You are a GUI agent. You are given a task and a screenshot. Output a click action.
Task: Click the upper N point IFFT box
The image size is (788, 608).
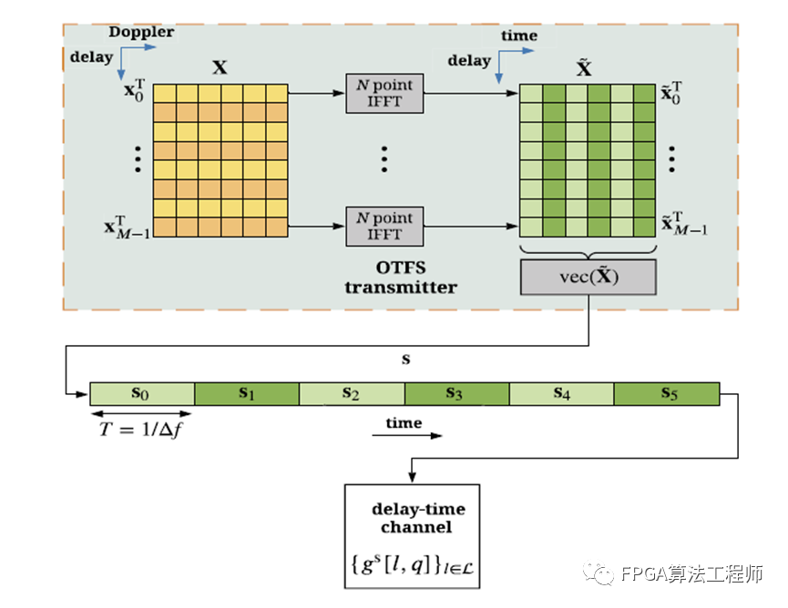point(384,94)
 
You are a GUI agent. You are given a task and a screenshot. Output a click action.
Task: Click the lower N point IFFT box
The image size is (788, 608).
point(384,226)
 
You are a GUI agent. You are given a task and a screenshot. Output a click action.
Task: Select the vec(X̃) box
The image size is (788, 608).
point(588,277)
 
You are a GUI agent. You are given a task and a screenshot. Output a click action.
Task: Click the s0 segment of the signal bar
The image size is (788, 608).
point(142,393)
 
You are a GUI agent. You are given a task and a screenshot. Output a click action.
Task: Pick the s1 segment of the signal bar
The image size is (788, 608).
point(247,393)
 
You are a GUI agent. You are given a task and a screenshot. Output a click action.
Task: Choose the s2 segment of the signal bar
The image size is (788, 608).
point(352,393)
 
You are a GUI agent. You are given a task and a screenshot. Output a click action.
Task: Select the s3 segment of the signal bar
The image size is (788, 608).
point(456,393)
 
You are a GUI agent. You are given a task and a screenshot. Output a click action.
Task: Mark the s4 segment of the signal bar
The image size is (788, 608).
point(561,393)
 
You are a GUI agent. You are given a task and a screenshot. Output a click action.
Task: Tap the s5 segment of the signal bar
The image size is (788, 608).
point(666,393)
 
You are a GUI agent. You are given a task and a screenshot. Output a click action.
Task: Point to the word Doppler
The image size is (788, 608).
point(141,33)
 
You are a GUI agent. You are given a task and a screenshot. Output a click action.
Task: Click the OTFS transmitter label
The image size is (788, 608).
point(401,278)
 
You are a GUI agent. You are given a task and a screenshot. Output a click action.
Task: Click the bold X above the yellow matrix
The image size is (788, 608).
point(220,66)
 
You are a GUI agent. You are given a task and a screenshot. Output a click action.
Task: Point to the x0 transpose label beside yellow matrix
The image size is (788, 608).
point(135,91)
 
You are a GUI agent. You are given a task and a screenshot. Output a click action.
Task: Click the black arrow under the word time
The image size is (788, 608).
point(406,436)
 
